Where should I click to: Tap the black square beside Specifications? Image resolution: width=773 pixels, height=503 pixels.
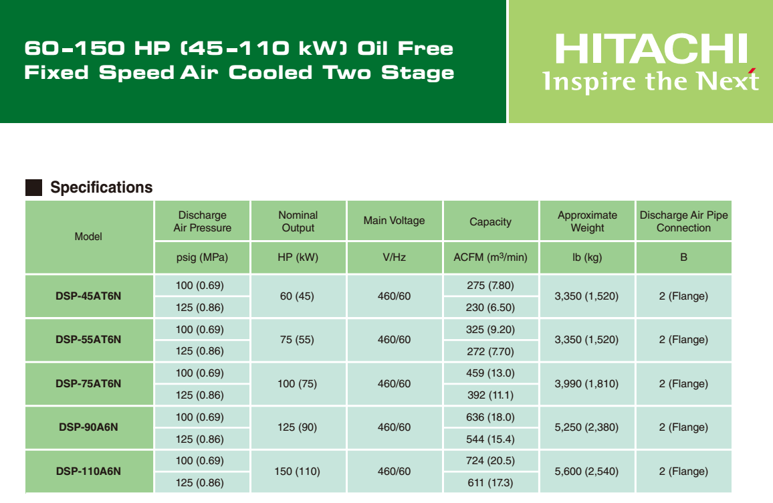click(x=33, y=187)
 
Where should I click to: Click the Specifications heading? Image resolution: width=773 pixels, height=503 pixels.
click(x=102, y=187)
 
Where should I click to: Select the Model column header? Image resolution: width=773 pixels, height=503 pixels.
click(x=89, y=237)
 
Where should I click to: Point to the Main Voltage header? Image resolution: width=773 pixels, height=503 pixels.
click(x=395, y=221)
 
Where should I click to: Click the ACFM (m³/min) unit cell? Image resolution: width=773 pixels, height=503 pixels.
click(x=491, y=257)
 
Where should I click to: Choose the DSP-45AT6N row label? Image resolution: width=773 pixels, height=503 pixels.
click(x=88, y=296)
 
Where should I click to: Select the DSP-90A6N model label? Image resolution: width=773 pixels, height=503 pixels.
click(x=88, y=427)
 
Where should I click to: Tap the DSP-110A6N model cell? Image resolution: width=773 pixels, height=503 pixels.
click(x=88, y=471)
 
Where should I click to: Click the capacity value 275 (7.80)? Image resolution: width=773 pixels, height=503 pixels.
click(x=491, y=286)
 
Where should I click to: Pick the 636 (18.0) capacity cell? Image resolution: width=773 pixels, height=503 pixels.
click(x=491, y=417)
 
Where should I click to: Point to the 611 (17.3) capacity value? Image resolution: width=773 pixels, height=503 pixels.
click(x=491, y=483)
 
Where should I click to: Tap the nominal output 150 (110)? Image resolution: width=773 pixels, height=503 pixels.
click(x=298, y=472)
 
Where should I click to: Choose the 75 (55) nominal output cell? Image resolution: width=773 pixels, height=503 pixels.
click(x=298, y=339)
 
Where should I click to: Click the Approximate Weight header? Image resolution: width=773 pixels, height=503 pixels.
click(x=587, y=221)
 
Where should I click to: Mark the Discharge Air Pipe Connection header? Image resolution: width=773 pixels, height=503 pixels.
click(x=684, y=221)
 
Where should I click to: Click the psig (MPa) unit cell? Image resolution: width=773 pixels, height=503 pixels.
click(x=202, y=257)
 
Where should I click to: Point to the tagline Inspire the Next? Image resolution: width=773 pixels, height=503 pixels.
click(x=650, y=81)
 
